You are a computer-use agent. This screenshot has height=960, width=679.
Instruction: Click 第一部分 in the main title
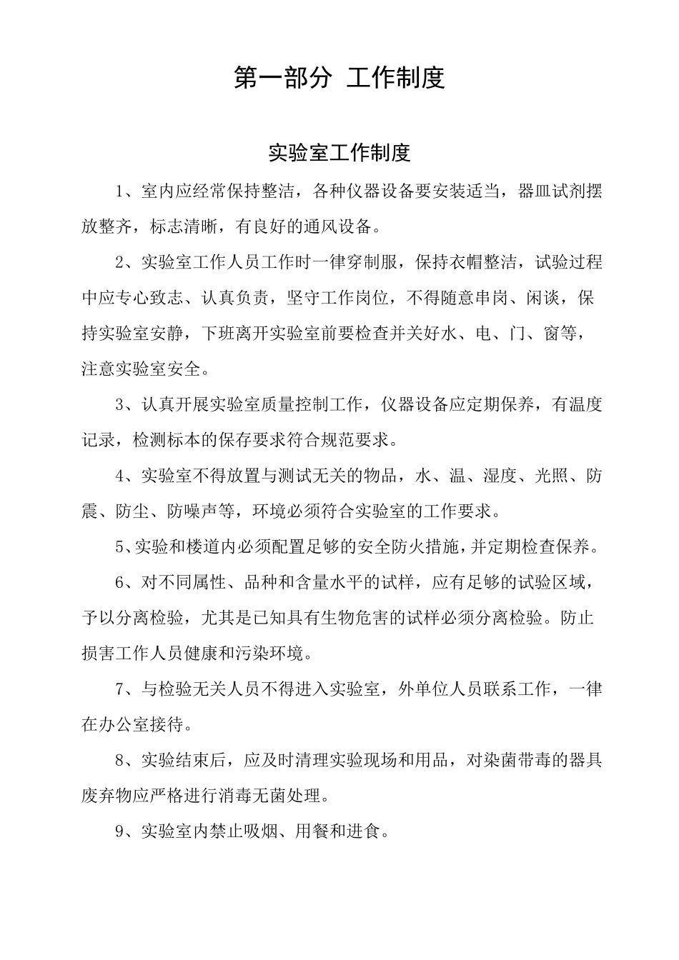coord(282,78)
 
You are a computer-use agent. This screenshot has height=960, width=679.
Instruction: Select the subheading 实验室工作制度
coord(339,152)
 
